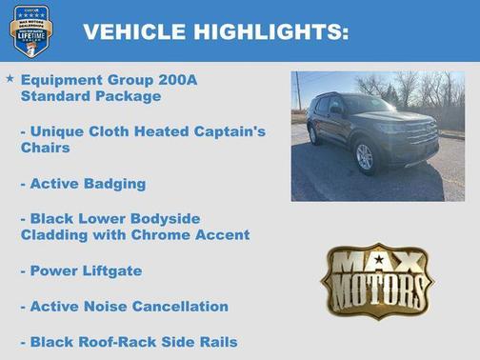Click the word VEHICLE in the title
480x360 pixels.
pyautogui.click(x=134, y=31)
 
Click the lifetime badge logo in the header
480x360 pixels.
pyautogui.click(x=30, y=30)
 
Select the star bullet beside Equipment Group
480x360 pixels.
pyautogui.click(x=10, y=78)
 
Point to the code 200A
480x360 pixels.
pyautogui.click(x=177, y=80)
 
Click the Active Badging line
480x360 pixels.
pyautogui.click(x=83, y=183)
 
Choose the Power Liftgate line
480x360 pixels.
pyautogui.click(x=81, y=270)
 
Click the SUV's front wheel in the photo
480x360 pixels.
pyautogui.click(x=365, y=157)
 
